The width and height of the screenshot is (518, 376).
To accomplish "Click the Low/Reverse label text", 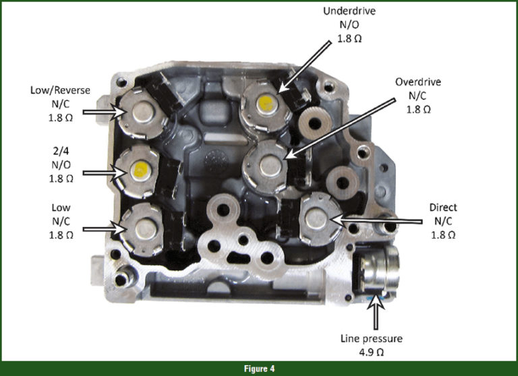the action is tap(60, 90).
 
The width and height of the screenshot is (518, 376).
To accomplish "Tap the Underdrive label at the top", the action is tap(349, 11).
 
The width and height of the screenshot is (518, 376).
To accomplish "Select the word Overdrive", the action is tap(418, 82).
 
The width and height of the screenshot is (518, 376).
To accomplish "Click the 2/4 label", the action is tap(61, 151).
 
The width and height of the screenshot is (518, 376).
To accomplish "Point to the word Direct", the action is tap(443, 208).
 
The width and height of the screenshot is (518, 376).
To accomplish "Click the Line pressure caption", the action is tap(372, 339).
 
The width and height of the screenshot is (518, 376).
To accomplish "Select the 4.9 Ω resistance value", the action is tap(372, 352).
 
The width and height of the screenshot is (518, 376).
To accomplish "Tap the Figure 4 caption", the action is tap(259, 369).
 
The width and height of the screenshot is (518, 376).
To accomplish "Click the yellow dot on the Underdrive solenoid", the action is tap(266, 102).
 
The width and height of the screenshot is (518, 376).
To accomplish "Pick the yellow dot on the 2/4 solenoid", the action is tap(141, 170).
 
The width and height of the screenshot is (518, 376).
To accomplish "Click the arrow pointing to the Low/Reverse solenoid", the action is tap(104, 113).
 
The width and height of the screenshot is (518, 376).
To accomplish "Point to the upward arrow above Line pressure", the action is tap(376, 311).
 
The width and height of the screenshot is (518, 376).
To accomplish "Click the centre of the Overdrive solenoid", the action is tap(270, 166).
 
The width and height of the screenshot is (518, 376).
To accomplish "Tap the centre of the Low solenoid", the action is tap(145, 229).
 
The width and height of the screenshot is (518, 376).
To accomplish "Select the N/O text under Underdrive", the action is tap(349, 25).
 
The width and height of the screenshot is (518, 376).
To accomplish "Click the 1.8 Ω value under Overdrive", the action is tap(418, 109).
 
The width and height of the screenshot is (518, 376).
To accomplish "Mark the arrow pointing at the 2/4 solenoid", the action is tap(105, 173).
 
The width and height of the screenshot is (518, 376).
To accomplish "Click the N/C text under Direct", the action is tap(443, 221).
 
